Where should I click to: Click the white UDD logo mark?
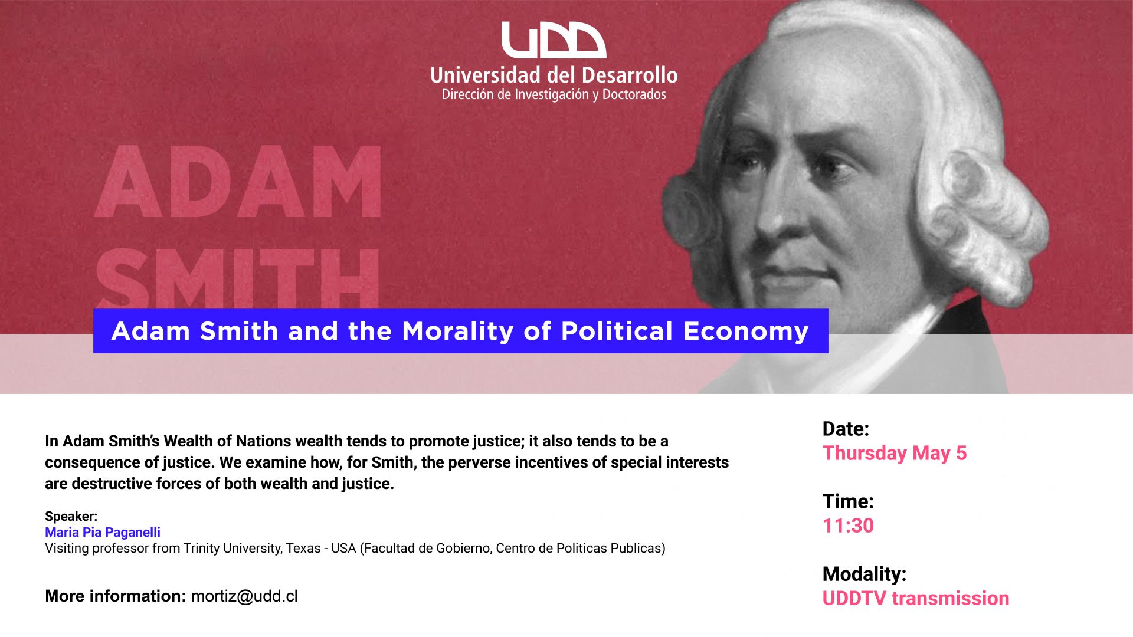[x=554, y=40]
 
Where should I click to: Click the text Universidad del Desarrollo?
[x=554, y=75]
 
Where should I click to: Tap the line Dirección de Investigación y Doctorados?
[x=554, y=95]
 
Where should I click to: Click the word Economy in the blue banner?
[x=746, y=331]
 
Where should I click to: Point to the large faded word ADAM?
[x=238, y=182]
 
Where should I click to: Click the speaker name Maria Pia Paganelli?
[x=103, y=532]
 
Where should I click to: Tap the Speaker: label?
[x=71, y=516]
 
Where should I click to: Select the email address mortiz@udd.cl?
[x=244, y=596]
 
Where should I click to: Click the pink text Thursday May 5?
[x=895, y=453]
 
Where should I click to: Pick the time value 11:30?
[x=848, y=526]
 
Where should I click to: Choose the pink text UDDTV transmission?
[x=916, y=598]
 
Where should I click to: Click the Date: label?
[x=846, y=429]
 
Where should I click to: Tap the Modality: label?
[x=865, y=573]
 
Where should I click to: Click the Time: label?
[x=848, y=501]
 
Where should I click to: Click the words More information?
[x=116, y=596]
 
